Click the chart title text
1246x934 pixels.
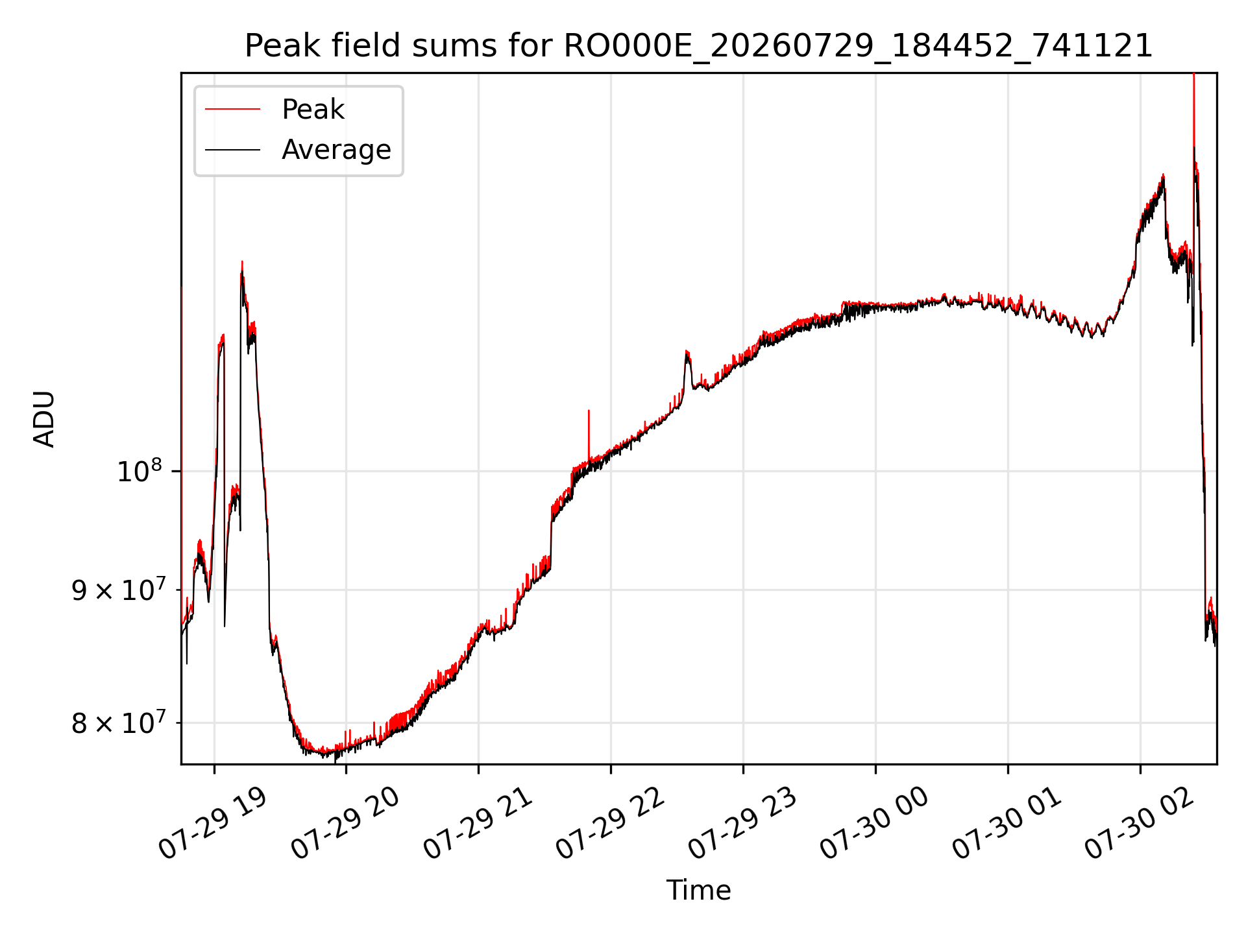pyautogui.click(x=698, y=46)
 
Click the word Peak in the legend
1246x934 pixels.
pyautogui.click(x=313, y=110)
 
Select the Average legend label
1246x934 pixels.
pyautogui.click(x=336, y=150)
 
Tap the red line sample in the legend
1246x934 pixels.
pyautogui.click(x=232, y=110)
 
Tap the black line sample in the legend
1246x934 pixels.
pyautogui.click(x=232, y=150)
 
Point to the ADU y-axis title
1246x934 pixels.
pyautogui.click(x=44, y=418)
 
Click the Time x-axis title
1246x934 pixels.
pyautogui.click(x=698, y=891)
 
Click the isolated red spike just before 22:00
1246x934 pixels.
pyautogui.click(x=589, y=435)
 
